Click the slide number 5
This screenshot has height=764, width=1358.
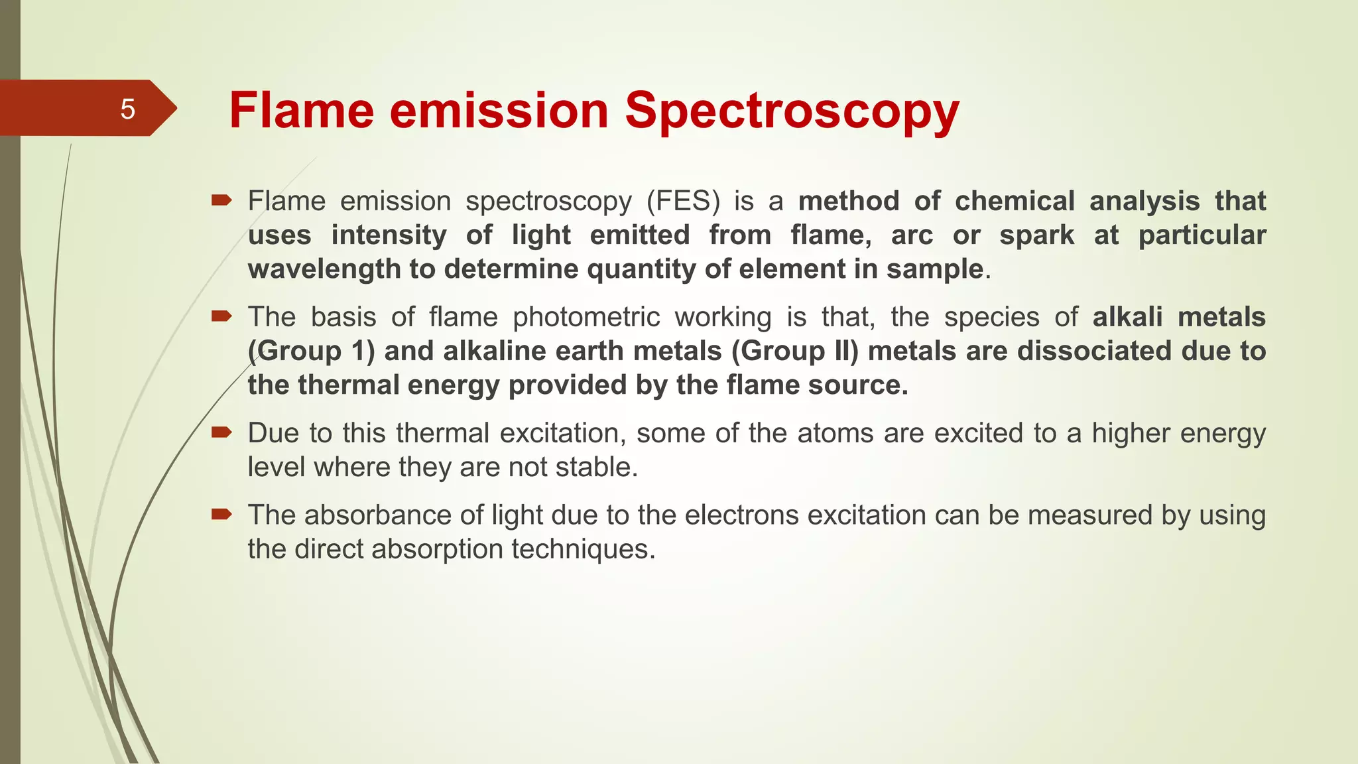[127, 109]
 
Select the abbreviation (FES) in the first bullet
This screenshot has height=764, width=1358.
[683, 201]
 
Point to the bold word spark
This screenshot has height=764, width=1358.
[1036, 235]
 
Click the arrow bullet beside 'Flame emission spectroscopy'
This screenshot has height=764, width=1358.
[221, 200]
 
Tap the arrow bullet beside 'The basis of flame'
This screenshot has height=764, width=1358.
[221, 316]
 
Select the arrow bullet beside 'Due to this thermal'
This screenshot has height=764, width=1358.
[221, 432]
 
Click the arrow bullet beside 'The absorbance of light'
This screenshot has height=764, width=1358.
[221, 514]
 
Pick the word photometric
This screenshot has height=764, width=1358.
[586, 317]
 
